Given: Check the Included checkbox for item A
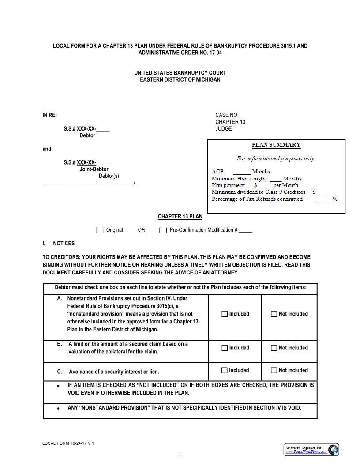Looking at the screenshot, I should (x=225, y=314).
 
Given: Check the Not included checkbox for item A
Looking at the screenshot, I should (x=274, y=314).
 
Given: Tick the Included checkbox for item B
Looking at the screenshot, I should (x=225, y=348).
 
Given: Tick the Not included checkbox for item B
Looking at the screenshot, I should (x=274, y=348).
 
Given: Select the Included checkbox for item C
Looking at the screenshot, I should (x=225, y=371).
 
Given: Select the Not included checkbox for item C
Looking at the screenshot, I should (x=274, y=371).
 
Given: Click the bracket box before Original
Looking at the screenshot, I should (x=100, y=230).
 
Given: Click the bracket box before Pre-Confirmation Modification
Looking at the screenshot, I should (x=163, y=230).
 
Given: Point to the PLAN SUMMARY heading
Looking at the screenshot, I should (x=276, y=145).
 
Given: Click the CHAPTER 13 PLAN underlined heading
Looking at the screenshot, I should (x=180, y=217).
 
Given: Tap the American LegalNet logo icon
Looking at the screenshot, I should (x=334, y=450).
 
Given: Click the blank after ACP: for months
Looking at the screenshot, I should (x=241, y=172).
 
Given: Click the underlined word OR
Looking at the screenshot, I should (x=142, y=230).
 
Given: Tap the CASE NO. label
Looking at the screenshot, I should (x=227, y=115).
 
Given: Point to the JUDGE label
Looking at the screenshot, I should (x=224, y=129).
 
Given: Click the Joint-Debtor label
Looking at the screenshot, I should (x=94, y=169).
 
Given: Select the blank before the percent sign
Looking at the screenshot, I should (x=323, y=199).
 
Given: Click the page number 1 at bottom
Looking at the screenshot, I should (x=180, y=455).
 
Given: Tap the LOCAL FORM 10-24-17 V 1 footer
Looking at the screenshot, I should (x=68, y=443).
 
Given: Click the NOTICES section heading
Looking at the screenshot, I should (x=64, y=244).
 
